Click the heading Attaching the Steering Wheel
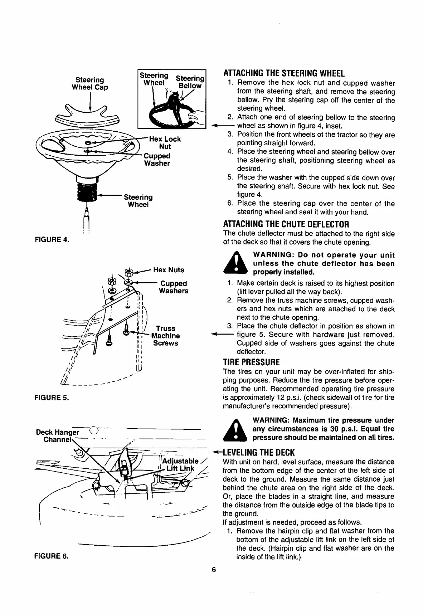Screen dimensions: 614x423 tap(283, 73)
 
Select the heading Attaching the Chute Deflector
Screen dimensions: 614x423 tap(286, 224)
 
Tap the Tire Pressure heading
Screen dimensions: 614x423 tap(251, 362)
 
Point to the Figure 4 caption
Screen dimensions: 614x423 tap(52, 239)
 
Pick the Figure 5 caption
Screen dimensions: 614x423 tap(52, 398)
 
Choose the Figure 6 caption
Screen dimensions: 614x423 tap(52, 556)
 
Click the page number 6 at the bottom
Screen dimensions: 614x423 tap(213, 570)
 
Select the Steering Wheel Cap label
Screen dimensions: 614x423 tap(89, 83)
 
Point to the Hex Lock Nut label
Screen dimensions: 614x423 tap(165, 142)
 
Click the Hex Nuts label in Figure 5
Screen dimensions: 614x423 tap(169, 270)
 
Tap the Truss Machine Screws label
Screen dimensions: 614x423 tap(165, 336)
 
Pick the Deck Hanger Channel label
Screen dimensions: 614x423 tap(58, 436)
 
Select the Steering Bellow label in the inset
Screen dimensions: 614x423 tap(190, 82)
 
